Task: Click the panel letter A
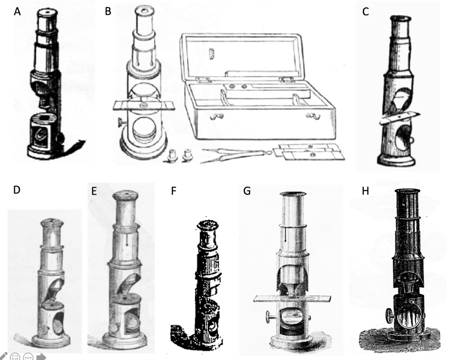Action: click(x=17, y=12)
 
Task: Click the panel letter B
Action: click(x=108, y=12)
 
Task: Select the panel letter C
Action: click(x=365, y=12)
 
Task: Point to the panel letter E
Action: click(x=94, y=191)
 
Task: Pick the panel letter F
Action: click(x=174, y=191)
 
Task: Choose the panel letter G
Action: click(x=247, y=191)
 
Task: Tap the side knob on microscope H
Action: click(x=389, y=314)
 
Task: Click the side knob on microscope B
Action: click(x=120, y=122)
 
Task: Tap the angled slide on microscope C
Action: click(x=398, y=118)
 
